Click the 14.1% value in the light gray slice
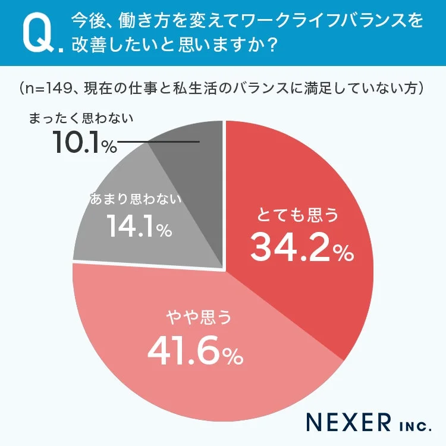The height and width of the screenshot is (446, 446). (x=139, y=226)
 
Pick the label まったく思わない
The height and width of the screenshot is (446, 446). (x=81, y=118)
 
